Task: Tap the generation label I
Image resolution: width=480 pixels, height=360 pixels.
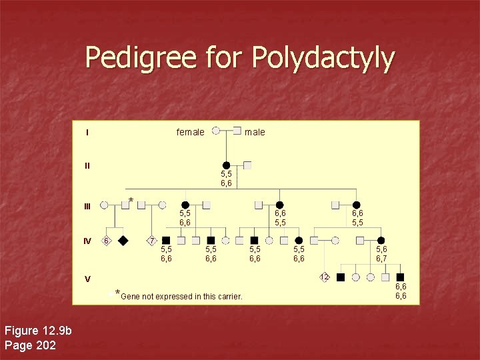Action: pyautogui.click(x=87, y=132)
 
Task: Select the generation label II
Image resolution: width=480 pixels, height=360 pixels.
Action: pyautogui.click(x=87, y=166)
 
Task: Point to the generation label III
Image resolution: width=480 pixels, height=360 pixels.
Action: pyautogui.click(x=88, y=206)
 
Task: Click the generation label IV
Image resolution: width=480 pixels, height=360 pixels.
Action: pyautogui.click(x=88, y=241)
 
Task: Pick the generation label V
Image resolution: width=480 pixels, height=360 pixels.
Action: pyautogui.click(x=87, y=279)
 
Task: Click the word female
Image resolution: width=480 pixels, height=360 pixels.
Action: pyautogui.click(x=190, y=132)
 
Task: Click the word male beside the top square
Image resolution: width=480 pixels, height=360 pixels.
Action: pyautogui.click(x=255, y=132)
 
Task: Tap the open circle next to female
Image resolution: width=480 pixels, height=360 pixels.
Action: pyautogui.click(x=216, y=131)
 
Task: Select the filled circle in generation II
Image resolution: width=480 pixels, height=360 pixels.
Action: pyautogui.click(x=227, y=165)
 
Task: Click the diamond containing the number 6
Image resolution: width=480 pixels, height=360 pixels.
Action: pyautogui.click(x=106, y=240)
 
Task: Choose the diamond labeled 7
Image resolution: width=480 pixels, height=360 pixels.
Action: pyautogui.click(x=152, y=240)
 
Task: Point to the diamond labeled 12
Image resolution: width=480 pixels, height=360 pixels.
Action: pyautogui.click(x=325, y=277)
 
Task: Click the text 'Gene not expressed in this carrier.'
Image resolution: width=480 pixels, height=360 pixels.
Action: pyautogui.click(x=181, y=296)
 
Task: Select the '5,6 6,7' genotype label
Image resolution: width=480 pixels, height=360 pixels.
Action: pyautogui.click(x=382, y=254)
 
